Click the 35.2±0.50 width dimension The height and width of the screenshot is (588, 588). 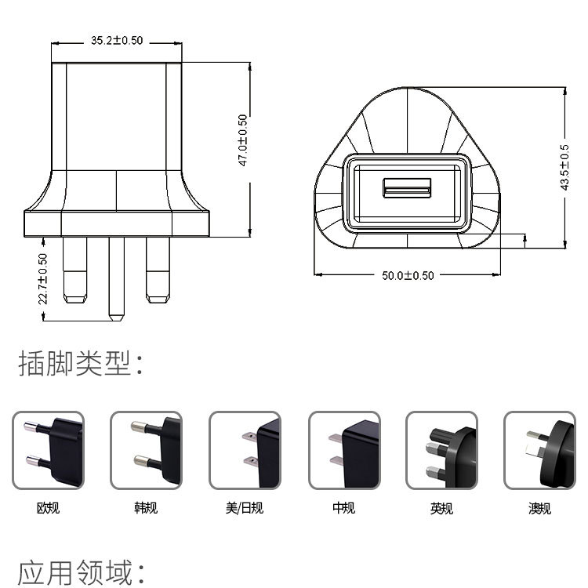coord(116,41)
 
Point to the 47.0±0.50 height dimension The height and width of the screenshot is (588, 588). coord(244,140)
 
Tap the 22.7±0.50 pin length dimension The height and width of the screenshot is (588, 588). coord(43,278)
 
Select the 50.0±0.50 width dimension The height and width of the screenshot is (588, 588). coord(408,275)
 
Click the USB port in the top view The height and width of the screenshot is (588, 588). coord(407,188)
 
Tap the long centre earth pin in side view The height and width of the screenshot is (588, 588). coord(117,278)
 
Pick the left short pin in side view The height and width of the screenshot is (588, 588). coord(76,270)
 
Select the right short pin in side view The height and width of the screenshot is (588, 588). coord(158,270)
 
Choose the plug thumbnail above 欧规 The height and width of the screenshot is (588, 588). coord(48,451)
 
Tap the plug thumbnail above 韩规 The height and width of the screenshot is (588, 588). coord(146,451)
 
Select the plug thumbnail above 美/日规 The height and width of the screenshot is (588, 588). coord(245,451)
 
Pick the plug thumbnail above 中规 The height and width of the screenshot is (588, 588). coord(343,451)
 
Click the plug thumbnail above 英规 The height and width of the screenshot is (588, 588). coord(441,451)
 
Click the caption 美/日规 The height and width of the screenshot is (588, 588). coord(245,508)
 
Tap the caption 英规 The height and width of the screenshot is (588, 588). coord(441,508)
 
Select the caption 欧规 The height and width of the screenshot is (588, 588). coord(48,508)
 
